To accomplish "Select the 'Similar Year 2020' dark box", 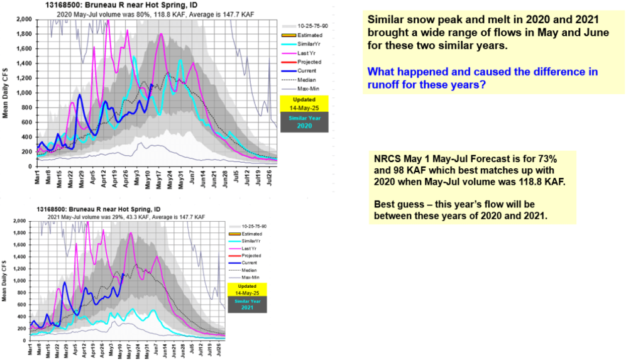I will pyautogui.click(x=304, y=121).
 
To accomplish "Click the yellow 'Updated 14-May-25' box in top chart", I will pyautogui.click(x=304, y=104).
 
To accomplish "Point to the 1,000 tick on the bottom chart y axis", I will pyautogui.click(x=21, y=280).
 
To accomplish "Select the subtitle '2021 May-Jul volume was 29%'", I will pyautogui.click(x=126, y=217).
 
